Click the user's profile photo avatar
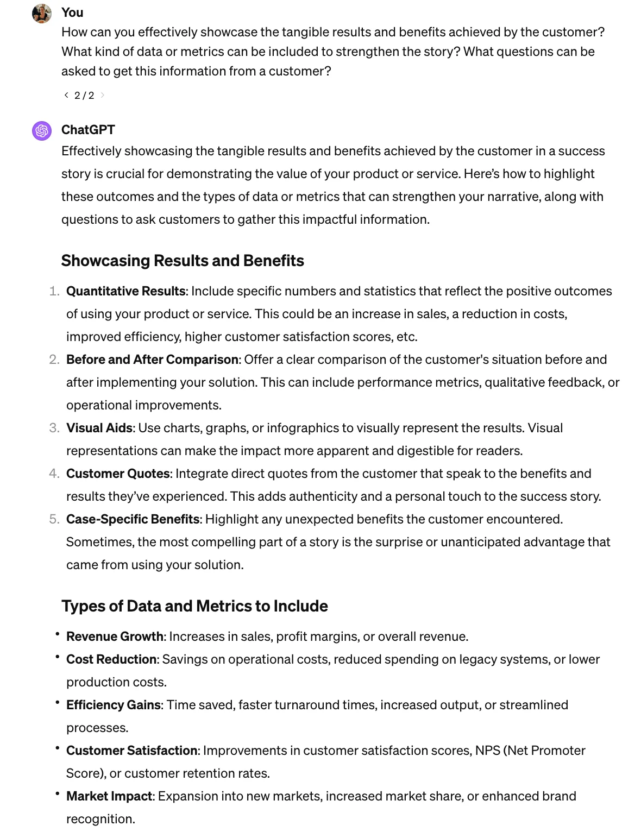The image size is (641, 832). point(42,14)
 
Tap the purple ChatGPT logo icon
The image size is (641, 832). point(42,131)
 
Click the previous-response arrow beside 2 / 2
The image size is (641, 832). point(66,95)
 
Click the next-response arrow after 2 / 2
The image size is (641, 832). point(103,95)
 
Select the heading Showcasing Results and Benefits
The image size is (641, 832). point(183,261)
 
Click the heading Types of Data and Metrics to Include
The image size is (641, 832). point(194,606)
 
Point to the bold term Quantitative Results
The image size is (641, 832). point(126,291)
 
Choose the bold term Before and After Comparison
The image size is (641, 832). point(152,360)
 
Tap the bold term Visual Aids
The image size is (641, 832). point(99,428)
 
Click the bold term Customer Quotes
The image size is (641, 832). point(118,474)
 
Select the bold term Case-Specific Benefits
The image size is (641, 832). point(133,519)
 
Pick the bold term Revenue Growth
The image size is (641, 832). point(115,636)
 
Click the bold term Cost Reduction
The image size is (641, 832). point(111,659)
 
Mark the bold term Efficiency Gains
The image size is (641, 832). point(114,705)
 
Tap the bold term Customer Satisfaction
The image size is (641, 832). point(131,751)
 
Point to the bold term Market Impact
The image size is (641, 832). point(109,796)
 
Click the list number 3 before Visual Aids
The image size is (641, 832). point(54,428)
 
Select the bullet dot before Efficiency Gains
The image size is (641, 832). point(57,702)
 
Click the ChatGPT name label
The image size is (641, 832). point(88,130)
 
